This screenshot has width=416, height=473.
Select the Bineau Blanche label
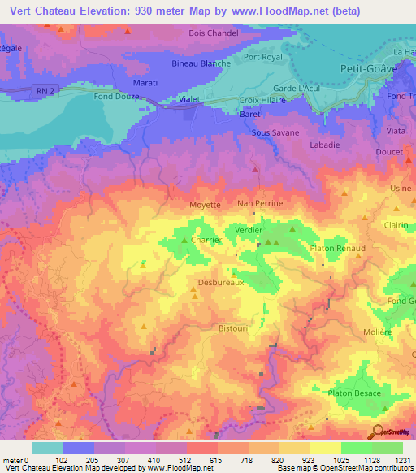202,63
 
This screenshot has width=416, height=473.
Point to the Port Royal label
262,57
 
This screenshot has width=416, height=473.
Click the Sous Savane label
275,132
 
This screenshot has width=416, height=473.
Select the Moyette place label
205,205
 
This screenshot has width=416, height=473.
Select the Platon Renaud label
337,248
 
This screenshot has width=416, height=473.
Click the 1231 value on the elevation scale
403,459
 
